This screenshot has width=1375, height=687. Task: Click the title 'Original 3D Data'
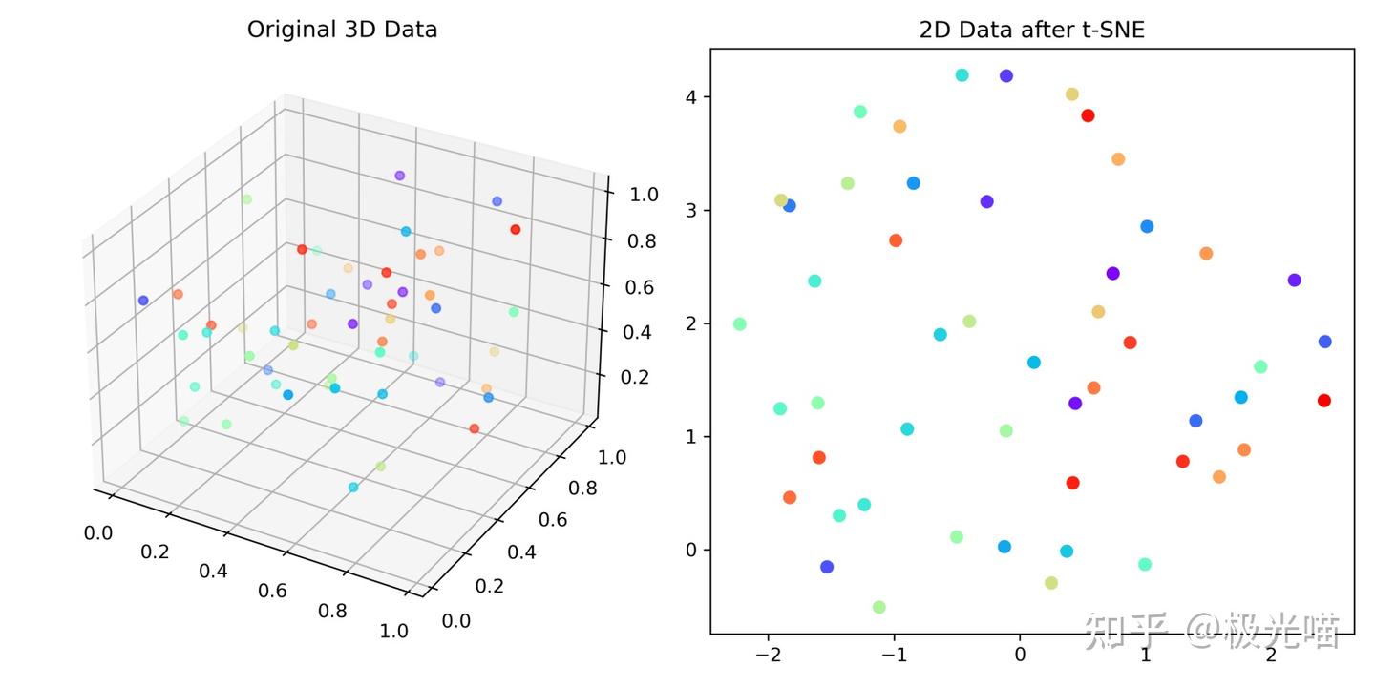coord(342,30)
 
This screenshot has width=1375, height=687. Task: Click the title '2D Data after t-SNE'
coord(1031,30)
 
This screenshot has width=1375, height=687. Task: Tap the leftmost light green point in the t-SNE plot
coord(739,324)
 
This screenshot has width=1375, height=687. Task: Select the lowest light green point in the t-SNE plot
coord(878,607)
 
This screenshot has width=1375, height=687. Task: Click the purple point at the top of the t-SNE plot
coord(1005,76)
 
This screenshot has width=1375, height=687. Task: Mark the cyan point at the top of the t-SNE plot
coord(962,75)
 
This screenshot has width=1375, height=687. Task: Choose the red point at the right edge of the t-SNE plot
coord(1323,401)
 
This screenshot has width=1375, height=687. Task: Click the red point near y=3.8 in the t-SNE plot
coord(1087,115)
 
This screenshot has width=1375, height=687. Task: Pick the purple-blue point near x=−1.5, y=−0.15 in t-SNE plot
coord(827,567)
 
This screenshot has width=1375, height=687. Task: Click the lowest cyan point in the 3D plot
coord(353,488)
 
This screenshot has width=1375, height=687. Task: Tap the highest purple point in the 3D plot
coord(399,176)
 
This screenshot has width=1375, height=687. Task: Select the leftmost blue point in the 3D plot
coord(143,301)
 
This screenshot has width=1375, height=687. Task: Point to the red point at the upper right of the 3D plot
coord(515,229)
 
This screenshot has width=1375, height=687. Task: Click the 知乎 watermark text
coord(1127,631)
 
